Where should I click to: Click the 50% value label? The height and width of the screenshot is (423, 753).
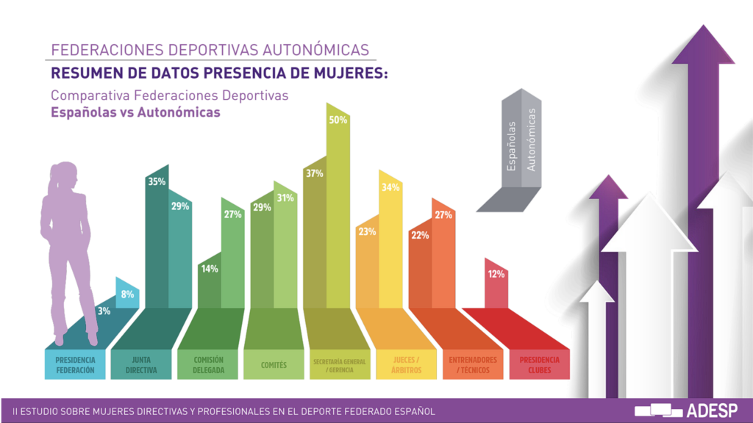tap(338, 120)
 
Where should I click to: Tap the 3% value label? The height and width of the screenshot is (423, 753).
tap(104, 311)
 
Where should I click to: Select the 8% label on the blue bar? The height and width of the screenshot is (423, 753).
tap(127, 294)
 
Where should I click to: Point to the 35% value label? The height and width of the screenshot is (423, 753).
tap(157, 181)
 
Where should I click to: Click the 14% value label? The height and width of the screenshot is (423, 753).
tap(209, 269)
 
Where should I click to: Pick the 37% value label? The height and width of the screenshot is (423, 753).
tap(314, 173)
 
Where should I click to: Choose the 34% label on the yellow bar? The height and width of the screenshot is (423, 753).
tap(390, 187)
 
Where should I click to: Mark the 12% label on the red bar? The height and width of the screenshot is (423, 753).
tap(496, 274)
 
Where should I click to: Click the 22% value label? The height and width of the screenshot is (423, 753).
tap(420, 235)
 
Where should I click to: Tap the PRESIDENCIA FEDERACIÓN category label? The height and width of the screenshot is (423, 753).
tap(75, 365)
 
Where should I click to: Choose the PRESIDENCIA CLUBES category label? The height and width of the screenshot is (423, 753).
tap(539, 365)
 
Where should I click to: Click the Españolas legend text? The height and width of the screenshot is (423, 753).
tap(512, 146)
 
